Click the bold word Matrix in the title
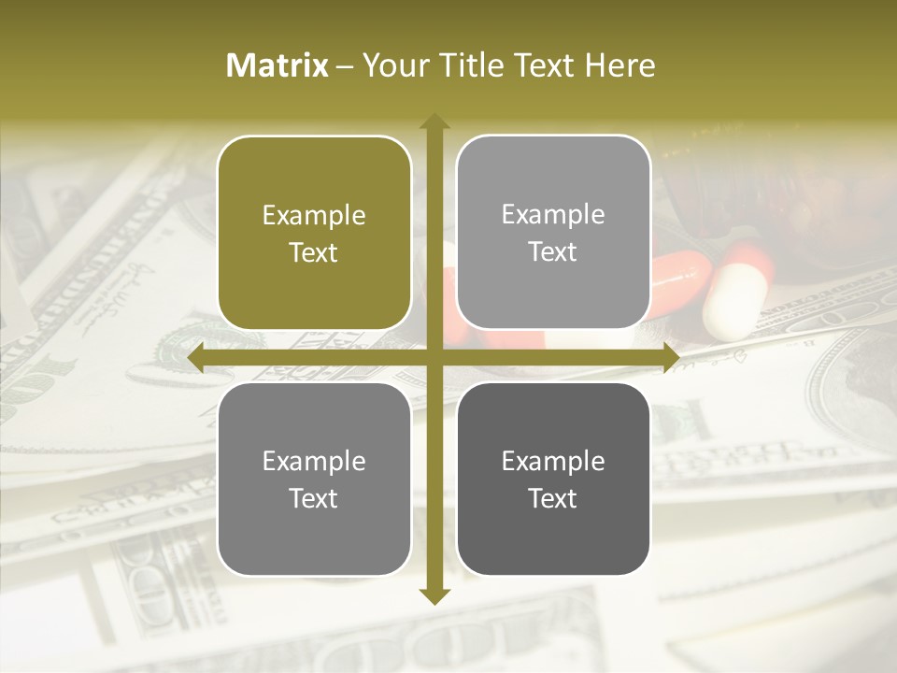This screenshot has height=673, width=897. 278,65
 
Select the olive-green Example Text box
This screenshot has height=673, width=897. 314,233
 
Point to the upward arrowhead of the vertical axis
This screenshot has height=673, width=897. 434,122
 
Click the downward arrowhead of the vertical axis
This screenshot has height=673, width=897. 434,595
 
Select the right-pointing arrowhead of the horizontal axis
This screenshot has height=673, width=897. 670,358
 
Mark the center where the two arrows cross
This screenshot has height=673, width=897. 434,358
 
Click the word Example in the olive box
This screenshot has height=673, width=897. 314,216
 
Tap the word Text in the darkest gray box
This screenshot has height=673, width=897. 553,498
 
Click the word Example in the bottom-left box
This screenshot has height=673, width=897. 314,462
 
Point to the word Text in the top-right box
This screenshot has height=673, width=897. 553,251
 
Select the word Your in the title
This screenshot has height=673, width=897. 393,65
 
